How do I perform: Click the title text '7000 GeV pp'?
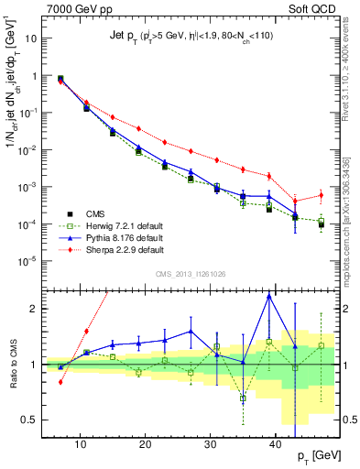pos(71,8)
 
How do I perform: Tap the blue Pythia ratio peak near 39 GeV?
pos(269,296)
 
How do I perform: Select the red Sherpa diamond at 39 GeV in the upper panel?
pos(269,176)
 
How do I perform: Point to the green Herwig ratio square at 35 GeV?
pos(243,398)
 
